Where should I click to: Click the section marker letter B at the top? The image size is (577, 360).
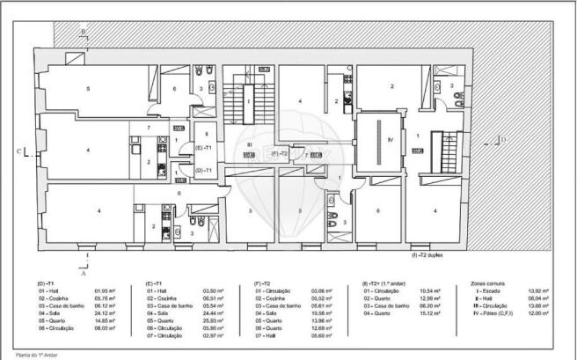tap(84, 32)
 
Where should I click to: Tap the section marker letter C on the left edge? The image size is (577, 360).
tap(29, 151)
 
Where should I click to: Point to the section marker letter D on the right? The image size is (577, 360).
tap(503, 139)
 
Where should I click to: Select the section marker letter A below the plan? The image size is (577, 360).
tap(84, 273)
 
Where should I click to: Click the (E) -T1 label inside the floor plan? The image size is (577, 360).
tap(202, 148)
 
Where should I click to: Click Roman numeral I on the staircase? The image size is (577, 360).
tap(249, 101)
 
